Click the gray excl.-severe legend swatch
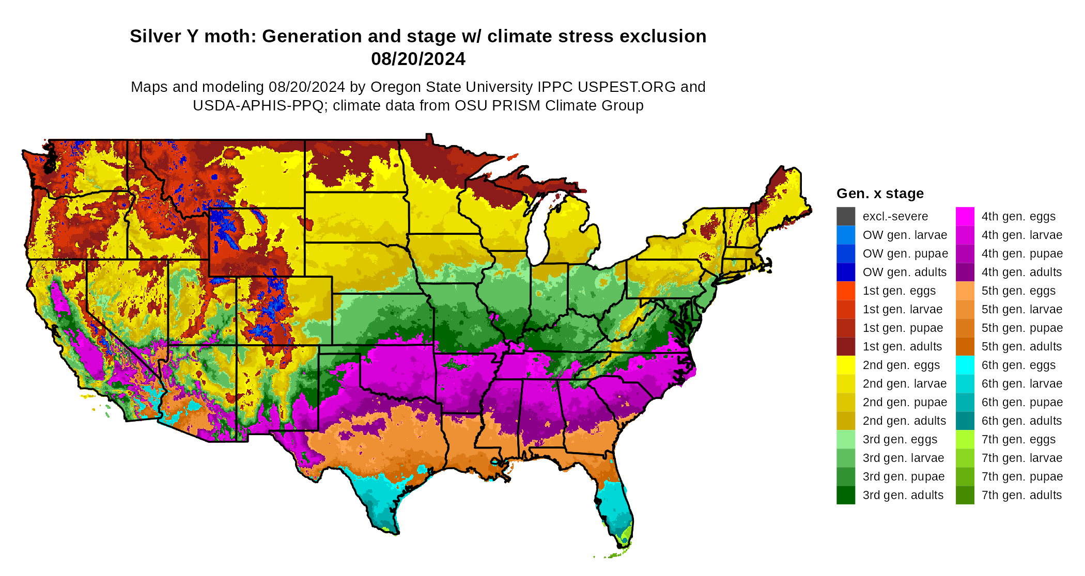pyautogui.click(x=846, y=216)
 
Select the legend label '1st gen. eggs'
pyautogui.click(x=899, y=291)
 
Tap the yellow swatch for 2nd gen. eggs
pyautogui.click(x=846, y=365)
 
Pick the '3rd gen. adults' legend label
pyautogui.click(x=903, y=495)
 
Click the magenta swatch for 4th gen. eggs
pyautogui.click(x=965, y=216)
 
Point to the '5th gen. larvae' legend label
pyautogui.click(x=1021, y=309)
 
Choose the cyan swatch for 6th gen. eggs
pyautogui.click(x=965, y=365)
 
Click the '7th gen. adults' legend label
pyautogui.click(x=1021, y=495)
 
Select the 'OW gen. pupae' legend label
pyautogui.click(x=905, y=253)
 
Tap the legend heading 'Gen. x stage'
pyautogui.click(x=880, y=194)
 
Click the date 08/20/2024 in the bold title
pyautogui.click(x=418, y=59)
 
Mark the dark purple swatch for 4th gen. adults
pyautogui.click(x=965, y=272)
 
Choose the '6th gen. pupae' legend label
pyautogui.click(x=1021, y=402)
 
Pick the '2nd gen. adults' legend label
pyautogui.click(x=904, y=421)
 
